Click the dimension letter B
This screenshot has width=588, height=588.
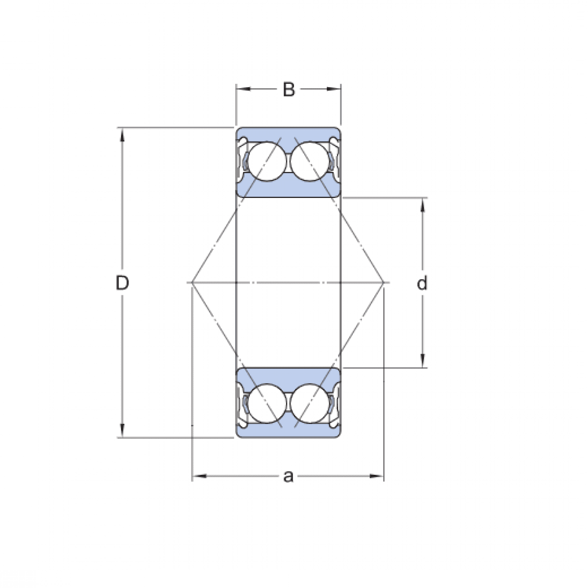[289, 90]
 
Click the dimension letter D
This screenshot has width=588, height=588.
[122, 283]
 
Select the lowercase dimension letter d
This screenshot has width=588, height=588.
[422, 283]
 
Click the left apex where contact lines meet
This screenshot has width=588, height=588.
[193, 283]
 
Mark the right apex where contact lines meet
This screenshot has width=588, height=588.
[384, 283]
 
